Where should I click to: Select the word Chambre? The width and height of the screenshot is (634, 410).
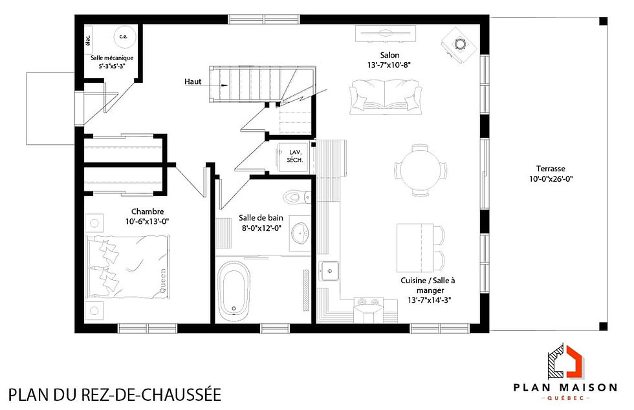click(x=148, y=211)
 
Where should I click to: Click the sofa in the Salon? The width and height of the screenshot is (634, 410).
click(x=386, y=96)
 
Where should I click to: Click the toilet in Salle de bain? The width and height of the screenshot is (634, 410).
click(x=294, y=196)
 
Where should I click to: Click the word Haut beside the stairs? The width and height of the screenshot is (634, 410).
click(x=192, y=82)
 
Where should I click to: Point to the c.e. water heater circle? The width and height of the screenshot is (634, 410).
click(x=124, y=37)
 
